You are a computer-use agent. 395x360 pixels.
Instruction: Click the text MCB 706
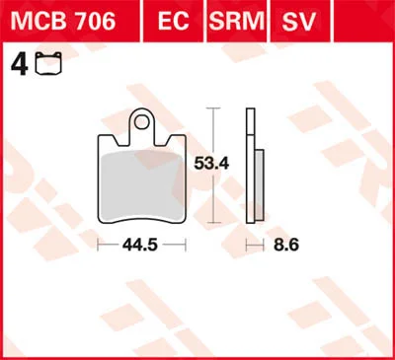coord(63,21)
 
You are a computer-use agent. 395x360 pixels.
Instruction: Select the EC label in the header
coord(174,21)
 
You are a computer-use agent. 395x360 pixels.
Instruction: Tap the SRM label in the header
coord(237,21)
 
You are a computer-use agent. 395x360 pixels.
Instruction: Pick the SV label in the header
coord(299,21)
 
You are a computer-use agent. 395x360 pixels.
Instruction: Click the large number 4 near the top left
coord(20,64)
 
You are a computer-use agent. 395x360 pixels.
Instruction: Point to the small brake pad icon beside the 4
coord(48,63)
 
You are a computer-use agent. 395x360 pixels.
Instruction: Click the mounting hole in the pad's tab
coord(141,122)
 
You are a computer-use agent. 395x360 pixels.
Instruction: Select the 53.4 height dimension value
coord(211,164)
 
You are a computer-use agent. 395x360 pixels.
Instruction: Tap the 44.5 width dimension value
coord(140,245)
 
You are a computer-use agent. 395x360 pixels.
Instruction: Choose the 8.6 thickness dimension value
coord(286,245)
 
